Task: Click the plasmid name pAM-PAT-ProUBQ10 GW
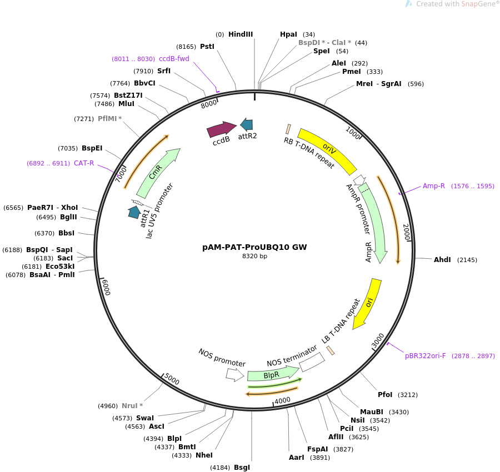pyautogui.click(x=254, y=247)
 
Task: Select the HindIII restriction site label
pyautogui.click(x=240, y=34)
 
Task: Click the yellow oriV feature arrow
pyautogui.click(x=328, y=150)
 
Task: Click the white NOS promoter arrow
pyautogui.click(x=234, y=375)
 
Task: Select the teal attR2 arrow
pyautogui.click(x=247, y=125)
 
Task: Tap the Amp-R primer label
pyautogui.click(x=434, y=186)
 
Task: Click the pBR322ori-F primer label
pyautogui.click(x=425, y=356)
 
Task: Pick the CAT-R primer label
pyautogui.click(x=84, y=163)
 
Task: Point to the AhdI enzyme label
pyautogui.click(x=442, y=260)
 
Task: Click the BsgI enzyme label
pyautogui.click(x=242, y=468)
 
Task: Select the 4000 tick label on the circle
pyautogui.click(x=283, y=400)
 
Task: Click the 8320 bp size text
pyautogui.click(x=254, y=257)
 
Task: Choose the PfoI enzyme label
pyautogui.click(x=385, y=395)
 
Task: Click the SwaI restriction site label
pyautogui.click(x=145, y=418)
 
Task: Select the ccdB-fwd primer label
pyautogui.click(x=174, y=59)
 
